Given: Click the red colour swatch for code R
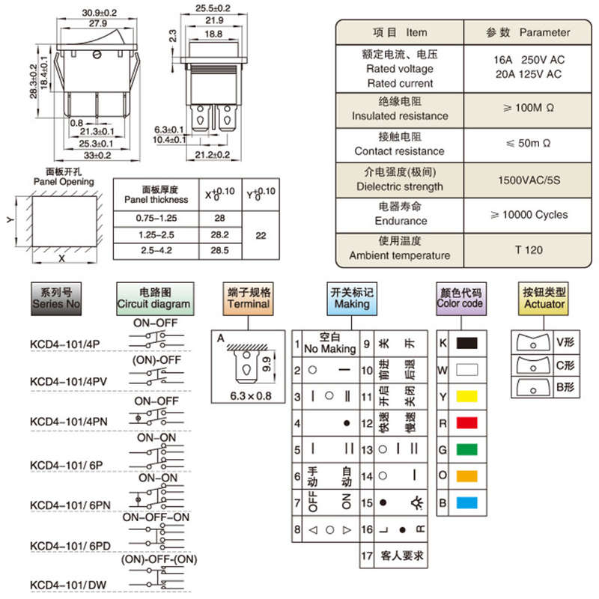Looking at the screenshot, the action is (x=466, y=423).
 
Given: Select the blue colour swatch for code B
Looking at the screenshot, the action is (x=466, y=502).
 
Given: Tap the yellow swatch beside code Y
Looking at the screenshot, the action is (x=466, y=396).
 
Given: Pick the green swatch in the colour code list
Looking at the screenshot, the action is (x=466, y=449).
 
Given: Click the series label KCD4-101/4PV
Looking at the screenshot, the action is (x=68, y=382).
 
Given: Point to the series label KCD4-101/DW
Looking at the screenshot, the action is (x=68, y=586).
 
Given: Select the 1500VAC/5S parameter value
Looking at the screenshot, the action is (x=529, y=180).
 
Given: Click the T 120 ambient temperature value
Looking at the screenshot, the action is (x=529, y=250).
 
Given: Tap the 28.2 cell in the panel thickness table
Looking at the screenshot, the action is (x=219, y=234).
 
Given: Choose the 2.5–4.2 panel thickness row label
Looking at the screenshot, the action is (x=156, y=251).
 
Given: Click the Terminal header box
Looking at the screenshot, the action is (x=249, y=299).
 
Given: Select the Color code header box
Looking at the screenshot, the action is (x=461, y=299).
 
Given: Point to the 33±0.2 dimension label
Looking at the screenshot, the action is (x=97, y=156).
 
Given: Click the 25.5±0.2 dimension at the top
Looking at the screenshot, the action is (x=213, y=8).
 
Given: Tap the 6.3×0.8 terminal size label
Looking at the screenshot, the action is (x=251, y=396).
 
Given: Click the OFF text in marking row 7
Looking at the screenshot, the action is (x=312, y=502).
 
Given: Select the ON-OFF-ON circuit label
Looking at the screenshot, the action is (x=156, y=517).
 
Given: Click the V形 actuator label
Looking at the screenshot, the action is (x=565, y=342).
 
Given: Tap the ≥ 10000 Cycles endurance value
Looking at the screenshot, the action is (x=529, y=215).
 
